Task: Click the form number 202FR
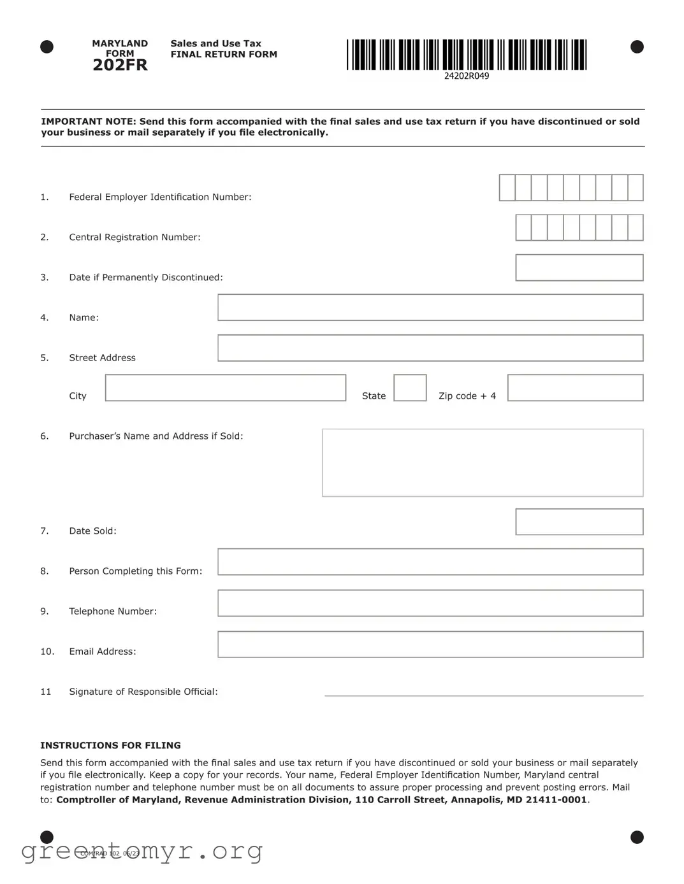[120, 65]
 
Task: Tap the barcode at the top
[467, 55]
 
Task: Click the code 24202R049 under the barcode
[467, 76]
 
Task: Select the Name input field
[430, 308]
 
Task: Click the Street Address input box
[430, 348]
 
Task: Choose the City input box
[225, 388]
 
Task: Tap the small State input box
[410, 388]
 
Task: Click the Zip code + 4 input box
[575, 388]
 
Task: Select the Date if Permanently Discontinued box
[579, 267]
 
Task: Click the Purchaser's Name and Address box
[483, 462]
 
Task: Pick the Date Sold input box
[579, 522]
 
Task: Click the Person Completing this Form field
[430, 562]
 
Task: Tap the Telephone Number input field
[430, 603]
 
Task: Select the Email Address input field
[430, 645]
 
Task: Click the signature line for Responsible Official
[484, 692]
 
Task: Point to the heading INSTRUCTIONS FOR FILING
[110, 745]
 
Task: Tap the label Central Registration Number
[135, 238]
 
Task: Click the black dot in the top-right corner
[637, 47]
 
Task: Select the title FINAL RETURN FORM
[224, 55]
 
